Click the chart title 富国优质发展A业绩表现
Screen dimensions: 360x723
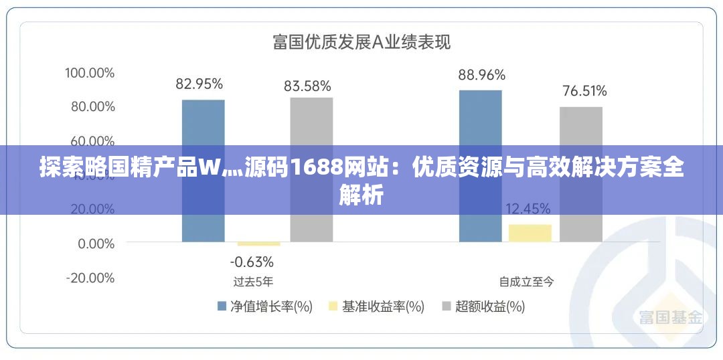point(361,42)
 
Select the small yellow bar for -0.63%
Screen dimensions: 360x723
point(250,244)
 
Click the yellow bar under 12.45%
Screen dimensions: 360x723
point(530,233)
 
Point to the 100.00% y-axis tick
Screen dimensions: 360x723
point(90,72)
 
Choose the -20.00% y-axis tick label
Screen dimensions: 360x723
point(90,278)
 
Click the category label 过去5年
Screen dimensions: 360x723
point(253,282)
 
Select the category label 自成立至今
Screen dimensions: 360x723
point(527,282)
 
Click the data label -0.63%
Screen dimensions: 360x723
point(252,261)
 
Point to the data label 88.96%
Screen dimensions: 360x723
point(481,75)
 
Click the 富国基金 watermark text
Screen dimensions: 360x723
point(670,317)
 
